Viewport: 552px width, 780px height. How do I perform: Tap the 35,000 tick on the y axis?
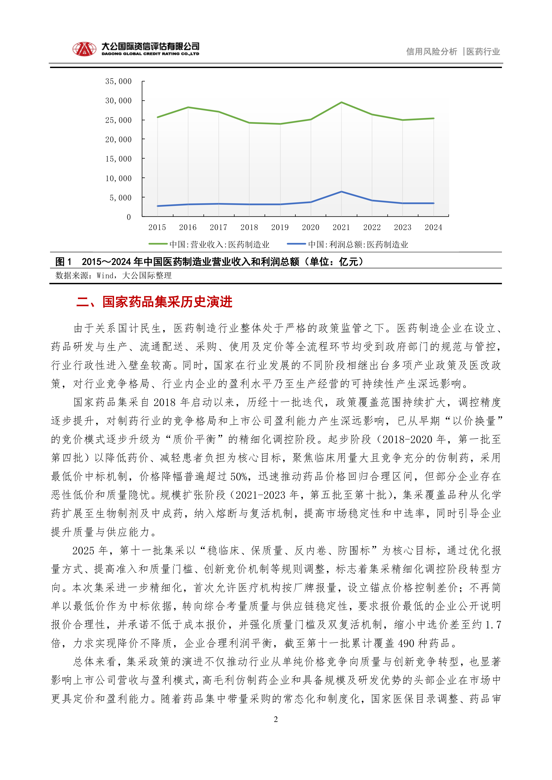118,81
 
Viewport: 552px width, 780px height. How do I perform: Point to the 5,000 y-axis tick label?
120,198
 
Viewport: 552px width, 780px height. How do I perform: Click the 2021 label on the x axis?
341,227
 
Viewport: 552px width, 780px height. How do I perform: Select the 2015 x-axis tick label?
157,227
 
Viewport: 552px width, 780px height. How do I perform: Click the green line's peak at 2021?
341,102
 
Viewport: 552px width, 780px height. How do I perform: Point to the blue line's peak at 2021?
341,192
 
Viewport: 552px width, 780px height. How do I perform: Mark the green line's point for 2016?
188,107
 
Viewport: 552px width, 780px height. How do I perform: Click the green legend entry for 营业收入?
209,244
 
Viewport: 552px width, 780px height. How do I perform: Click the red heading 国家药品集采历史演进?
167,302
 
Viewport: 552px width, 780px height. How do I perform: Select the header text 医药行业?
483,52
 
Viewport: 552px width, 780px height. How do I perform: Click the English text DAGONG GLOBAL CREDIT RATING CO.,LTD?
150,54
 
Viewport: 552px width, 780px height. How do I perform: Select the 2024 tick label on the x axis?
433,227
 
